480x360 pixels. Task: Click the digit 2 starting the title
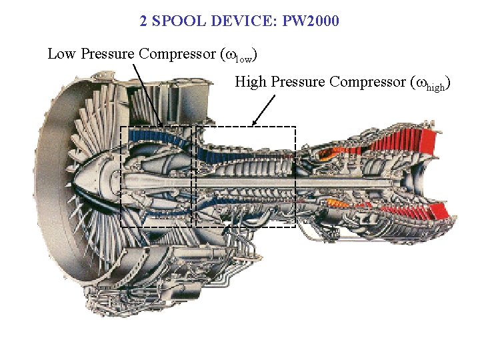pos(143,21)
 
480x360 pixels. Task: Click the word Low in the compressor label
pos(61,54)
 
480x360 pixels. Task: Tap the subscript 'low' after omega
pos(245,57)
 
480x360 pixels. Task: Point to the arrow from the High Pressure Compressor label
pos(264,109)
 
